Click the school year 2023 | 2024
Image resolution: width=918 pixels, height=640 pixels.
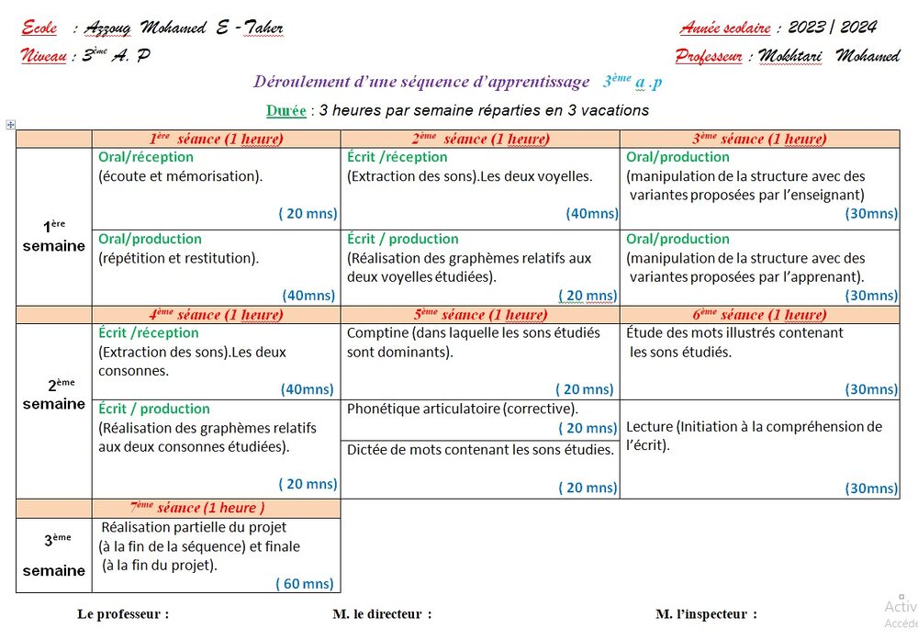point(834,28)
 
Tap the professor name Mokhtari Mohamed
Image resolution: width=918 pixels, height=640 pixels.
point(829,56)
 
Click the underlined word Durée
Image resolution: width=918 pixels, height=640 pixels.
point(285,111)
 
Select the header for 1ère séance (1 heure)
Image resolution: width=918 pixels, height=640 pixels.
point(216,140)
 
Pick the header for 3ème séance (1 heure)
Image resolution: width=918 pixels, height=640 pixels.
point(759,140)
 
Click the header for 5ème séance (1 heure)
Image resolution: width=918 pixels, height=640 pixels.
point(479,315)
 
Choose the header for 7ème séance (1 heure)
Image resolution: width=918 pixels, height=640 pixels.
point(196,508)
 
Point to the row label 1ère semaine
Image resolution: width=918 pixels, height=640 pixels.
point(53,236)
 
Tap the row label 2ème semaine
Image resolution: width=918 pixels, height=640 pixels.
point(53,394)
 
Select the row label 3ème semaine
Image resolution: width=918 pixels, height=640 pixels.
point(53,555)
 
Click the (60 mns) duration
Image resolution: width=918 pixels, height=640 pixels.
point(305,583)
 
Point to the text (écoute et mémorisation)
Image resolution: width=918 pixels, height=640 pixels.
point(180,176)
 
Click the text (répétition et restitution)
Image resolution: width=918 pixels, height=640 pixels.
point(178,258)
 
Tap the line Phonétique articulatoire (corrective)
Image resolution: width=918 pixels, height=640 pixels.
point(462,409)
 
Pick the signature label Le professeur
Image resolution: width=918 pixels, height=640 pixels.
point(123,613)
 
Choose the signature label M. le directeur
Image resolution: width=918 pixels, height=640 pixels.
point(381,613)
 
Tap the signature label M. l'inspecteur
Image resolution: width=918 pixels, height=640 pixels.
point(706,613)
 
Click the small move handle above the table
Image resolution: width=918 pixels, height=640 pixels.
point(10,124)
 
